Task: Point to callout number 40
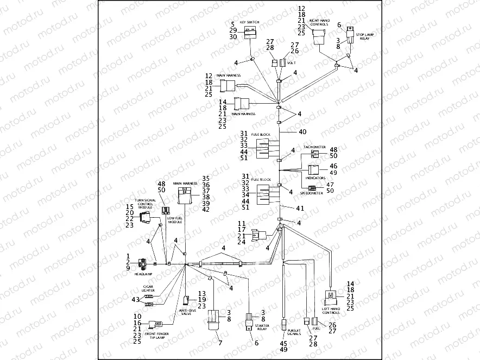coord(302,132)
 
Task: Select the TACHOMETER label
coord(314,147)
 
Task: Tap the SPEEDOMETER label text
coord(313,193)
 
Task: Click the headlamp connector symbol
coord(142,264)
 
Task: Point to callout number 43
coord(135,300)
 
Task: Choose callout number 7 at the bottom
coord(220,343)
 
